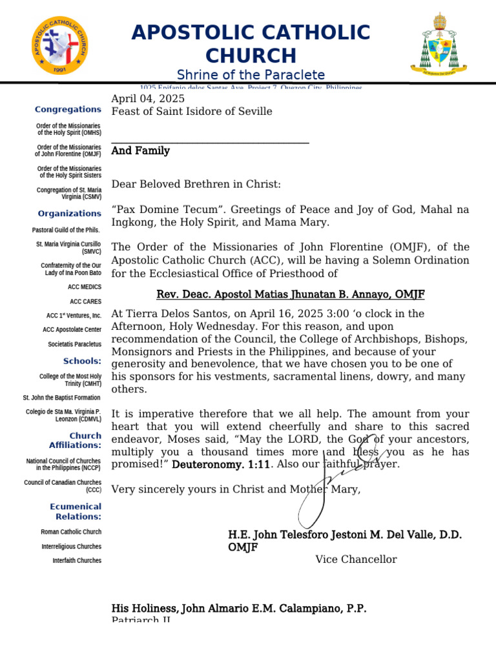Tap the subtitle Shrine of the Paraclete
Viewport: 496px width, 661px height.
pyautogui.click(x=251, y=75)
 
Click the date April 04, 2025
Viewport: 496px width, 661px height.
pyautogui.click(x=148, y=99)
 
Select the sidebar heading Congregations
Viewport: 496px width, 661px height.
pyautogui.click(x=68, y=110)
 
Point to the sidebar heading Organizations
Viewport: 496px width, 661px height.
pyautogui.click(x=69, y=214)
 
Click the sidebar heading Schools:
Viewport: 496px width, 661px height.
pyautogui.click(x=82, y=361)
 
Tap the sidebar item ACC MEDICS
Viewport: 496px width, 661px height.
pyautogui.click(x=84, y=287)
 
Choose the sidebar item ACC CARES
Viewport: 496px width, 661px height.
pyautogui.click(x=85, y=301)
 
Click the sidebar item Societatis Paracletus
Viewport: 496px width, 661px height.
pyautogui.click(x=74, y=344)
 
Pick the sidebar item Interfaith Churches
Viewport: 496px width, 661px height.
pyautogui.click(x=77, y=560)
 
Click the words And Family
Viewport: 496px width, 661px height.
pyautogui.click(x=141, y=151)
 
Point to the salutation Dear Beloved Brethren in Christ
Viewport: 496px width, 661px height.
pyautogui.click(x=196, y=185)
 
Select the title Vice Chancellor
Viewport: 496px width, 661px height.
pyautogui.click(x=356, y=560)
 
